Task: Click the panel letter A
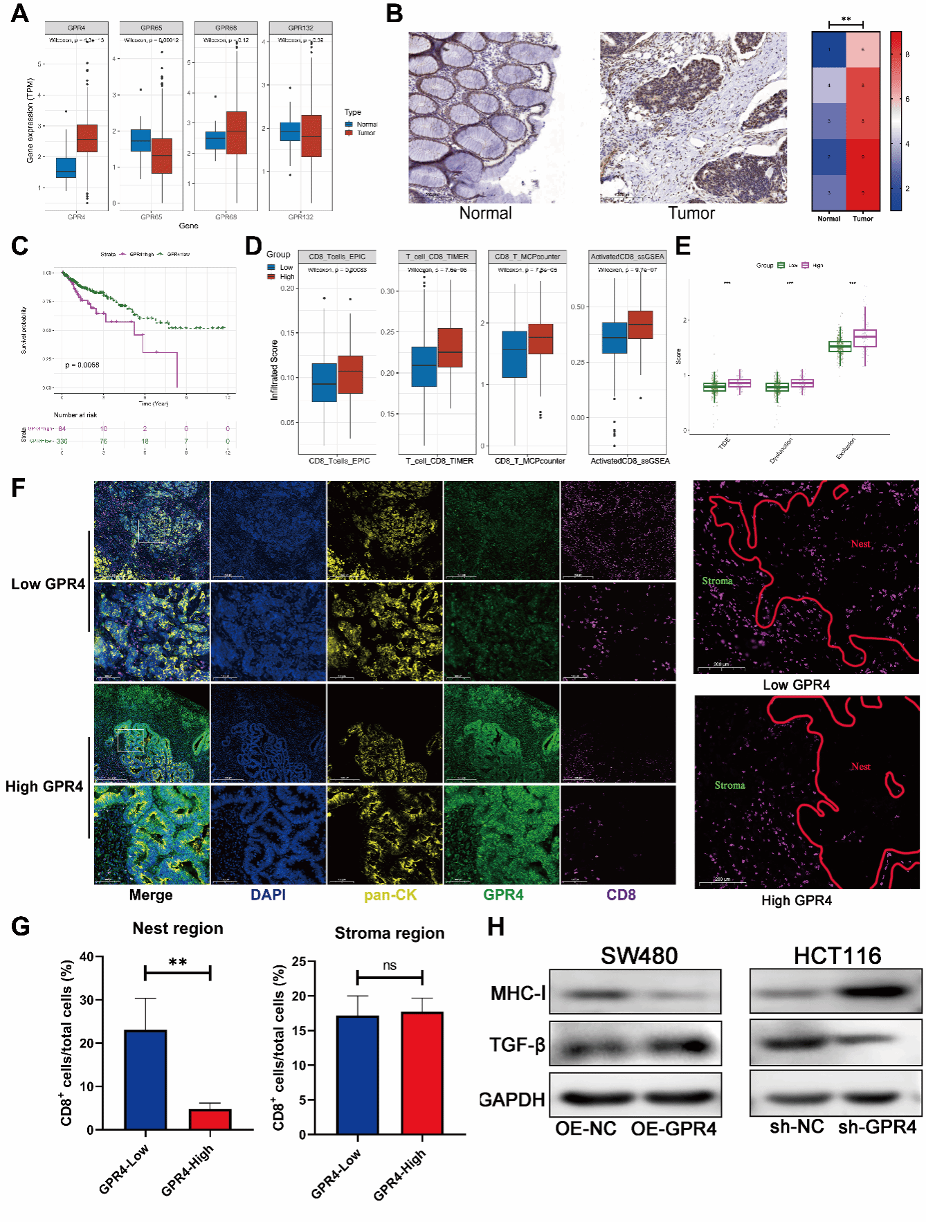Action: pyautogui.click(x=20, y=13)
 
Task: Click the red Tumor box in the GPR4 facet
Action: pyautogui.click(x=87, y=138)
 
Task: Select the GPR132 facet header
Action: pyautogui.click(x=300, y=28)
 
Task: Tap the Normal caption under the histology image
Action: pyautogui.click(x=485, y=213)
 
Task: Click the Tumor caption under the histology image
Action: pyautogui.click(x=691, y=213)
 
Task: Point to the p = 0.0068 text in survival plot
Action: pyautogui.click(x=82, y=365)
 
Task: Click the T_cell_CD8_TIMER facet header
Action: pyautogui.click(x=437, y=256)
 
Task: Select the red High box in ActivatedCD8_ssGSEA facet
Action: pyautogui.click(x=640, y=325)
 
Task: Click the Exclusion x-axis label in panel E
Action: pyautogui.click(x=846, y=448)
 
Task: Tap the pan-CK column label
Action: pyautogui.click(x=390, y=895)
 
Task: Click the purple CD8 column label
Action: pyautogui.click(x=621, y=895)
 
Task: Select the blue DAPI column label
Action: pyautogui.click(x=268, y=895)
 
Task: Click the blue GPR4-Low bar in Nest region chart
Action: pyautogui.click(x=145, y=1079)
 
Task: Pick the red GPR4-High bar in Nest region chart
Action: pyautogui.click(x=210, y=1119)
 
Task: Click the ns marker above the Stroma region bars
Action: pyautogui.click(x=390, y=965)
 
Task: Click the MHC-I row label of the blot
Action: pyautogui.click(x=518, y=994)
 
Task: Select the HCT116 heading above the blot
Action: pyautogui.click(x=837, y=956)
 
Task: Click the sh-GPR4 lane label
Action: pyautogui.click(x=877, y=1127)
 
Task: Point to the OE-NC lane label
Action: pyautogui.click(x=585, y=1129)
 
